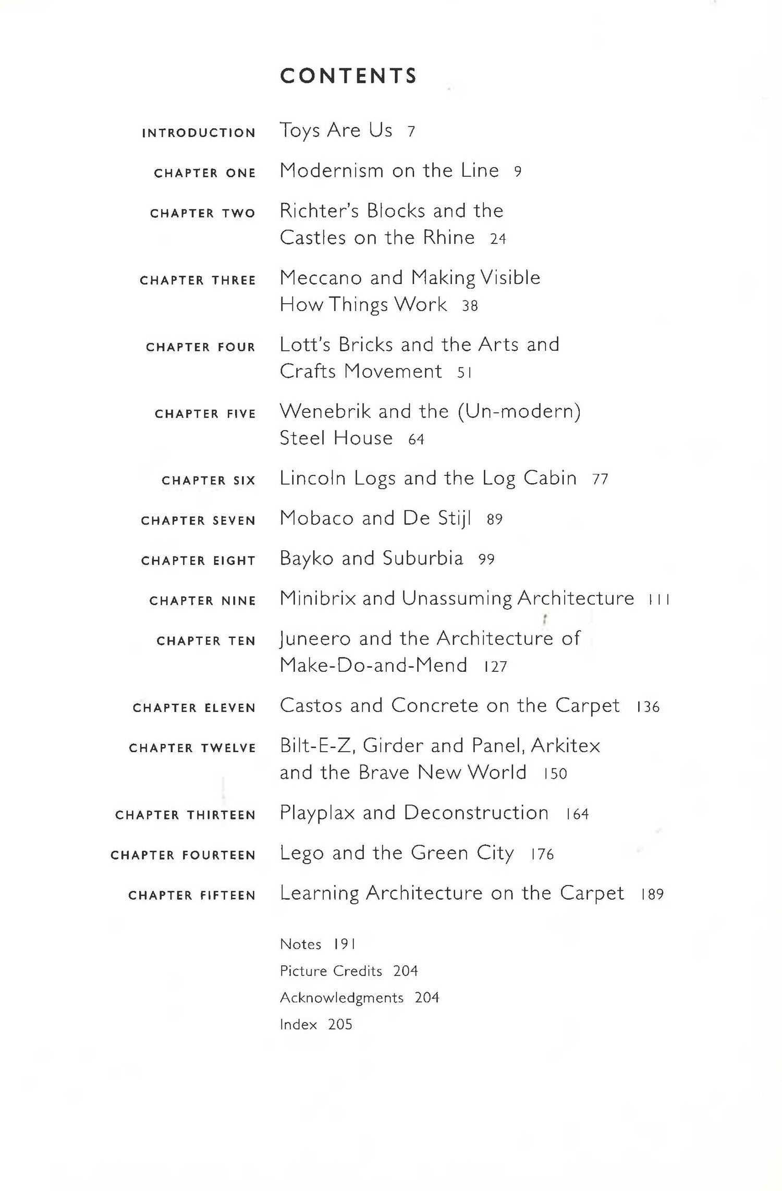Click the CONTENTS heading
(348, 76)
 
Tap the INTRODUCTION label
(199, 133)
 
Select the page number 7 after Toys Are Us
(411, 131)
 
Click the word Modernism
(332, 170)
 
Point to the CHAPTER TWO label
(203, 213)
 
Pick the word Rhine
(449, 238)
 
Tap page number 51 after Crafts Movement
(464, 372)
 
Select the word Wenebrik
(325, 411)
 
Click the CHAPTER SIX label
(209, 481)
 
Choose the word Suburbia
(423, 558)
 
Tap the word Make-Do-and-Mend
(373, 666)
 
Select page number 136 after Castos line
(648, 707)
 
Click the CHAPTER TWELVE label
(192, 748)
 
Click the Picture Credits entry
(331, 971)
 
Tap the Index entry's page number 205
(340, 1025)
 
